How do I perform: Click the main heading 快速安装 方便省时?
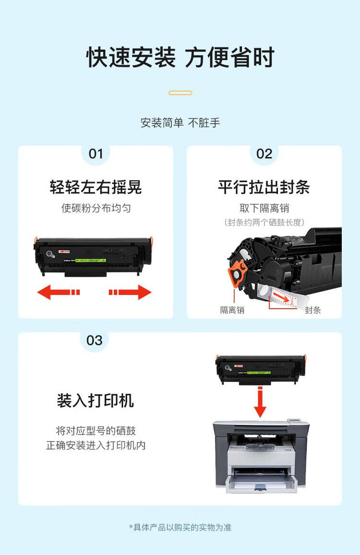180,58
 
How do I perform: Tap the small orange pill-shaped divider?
180,93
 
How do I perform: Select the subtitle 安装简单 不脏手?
180,123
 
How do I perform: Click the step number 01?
96,154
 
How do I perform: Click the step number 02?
264,154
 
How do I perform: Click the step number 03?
95,340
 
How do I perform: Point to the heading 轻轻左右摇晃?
96,187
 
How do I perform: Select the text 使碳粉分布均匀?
96,208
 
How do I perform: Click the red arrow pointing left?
58,292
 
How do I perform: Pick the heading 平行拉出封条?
264,187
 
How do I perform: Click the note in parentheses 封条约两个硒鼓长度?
264,222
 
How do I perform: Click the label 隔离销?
232,310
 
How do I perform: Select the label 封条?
312,310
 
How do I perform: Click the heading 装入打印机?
96,401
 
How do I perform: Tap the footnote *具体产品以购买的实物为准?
180,527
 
